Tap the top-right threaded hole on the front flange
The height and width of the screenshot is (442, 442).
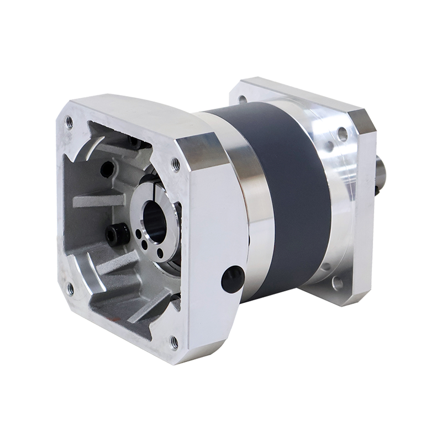[x=176, y=163]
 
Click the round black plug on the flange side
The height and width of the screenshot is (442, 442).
[x=233, y=279]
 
